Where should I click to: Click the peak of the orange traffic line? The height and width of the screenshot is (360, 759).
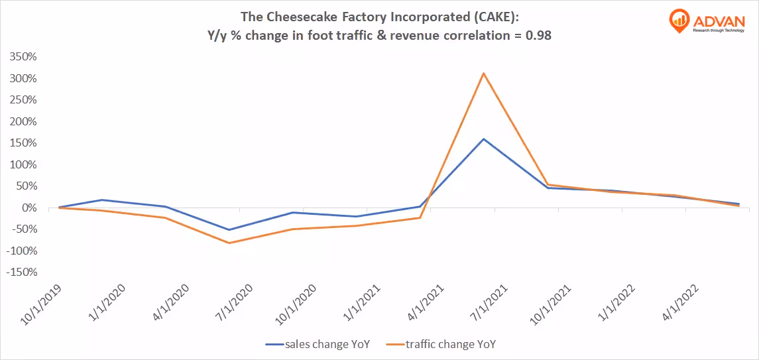pos(484,74)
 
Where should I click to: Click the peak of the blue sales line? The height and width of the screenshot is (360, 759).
pos(484,139)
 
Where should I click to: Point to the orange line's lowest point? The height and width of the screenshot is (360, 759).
pos(229,243)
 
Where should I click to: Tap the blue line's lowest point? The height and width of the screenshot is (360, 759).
pos(229,230)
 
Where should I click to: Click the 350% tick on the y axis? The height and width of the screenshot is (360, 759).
pos(23,57)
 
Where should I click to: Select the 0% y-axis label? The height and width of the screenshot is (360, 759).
pos(29,208)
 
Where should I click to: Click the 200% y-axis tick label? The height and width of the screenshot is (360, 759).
pos(23,122)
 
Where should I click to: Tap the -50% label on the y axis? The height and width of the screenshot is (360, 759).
pos(23,229)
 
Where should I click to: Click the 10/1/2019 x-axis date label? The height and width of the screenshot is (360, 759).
pos(42,306)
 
